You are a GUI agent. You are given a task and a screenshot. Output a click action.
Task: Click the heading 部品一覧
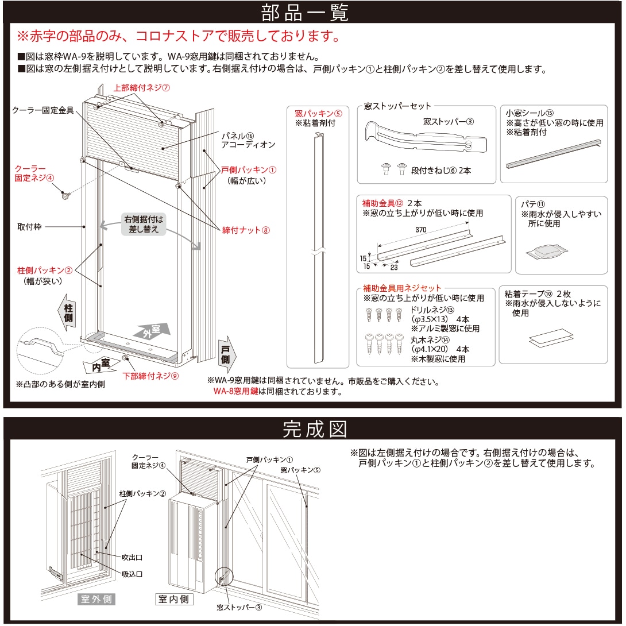click(x=312, y=12)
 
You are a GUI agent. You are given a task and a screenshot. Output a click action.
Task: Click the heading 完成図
click(x=312, y=428)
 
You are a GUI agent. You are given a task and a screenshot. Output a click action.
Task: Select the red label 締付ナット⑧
click(x=245, y=230)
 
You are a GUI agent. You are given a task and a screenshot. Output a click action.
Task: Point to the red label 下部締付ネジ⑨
click(x=151, y=376)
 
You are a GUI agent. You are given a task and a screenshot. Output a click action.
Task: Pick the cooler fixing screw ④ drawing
click(x=65, y=196)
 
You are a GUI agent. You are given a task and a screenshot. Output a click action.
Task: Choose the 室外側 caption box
click(x=96, y=600)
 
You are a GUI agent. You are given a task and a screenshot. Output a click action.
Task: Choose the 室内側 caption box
click(x=175, y=600)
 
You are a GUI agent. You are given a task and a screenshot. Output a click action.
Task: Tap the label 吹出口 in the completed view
click(x=132, y=557)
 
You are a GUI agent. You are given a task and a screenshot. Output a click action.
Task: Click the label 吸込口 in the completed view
click(x=132, y=574)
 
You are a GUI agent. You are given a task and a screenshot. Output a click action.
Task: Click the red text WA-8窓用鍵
click(x=235, y=392)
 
